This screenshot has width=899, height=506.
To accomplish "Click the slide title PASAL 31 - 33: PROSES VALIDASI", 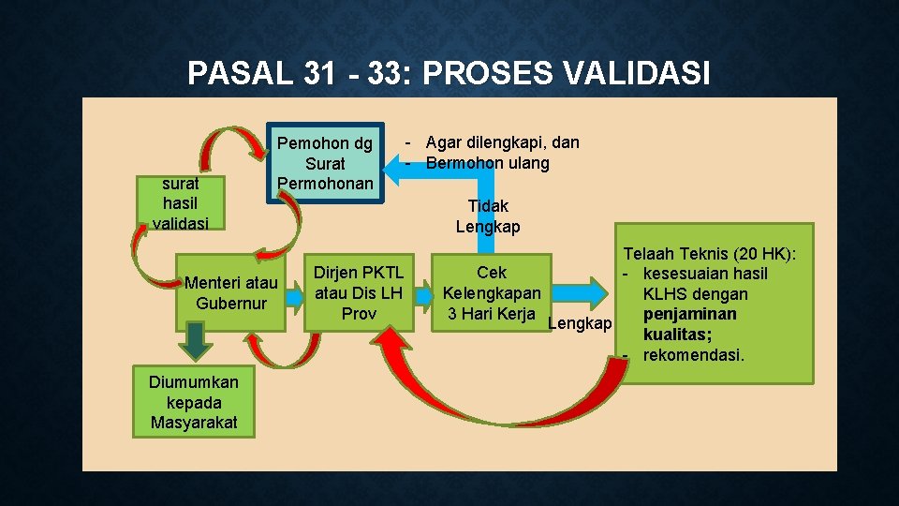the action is point(449,73).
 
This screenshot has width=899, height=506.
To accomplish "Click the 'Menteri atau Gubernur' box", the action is point(230,293).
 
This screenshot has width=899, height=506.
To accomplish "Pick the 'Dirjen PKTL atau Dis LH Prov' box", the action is point(359,293).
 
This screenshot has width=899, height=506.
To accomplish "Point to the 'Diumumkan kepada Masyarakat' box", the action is point(194,402).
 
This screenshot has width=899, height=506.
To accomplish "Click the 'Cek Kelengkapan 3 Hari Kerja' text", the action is point(491,293).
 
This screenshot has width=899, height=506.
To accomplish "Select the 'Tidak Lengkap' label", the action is point(488,216).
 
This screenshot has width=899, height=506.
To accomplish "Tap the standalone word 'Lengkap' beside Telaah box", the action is point(580,324).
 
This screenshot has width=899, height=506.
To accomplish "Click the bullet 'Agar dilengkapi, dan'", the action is point(502,142).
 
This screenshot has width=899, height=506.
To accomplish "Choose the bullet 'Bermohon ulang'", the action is point(487,163).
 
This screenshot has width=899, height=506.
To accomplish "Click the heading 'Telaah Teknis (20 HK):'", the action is point(710,253).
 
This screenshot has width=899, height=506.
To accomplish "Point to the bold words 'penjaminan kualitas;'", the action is point(690,324).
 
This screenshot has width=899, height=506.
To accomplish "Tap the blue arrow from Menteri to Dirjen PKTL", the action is point(293,294).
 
